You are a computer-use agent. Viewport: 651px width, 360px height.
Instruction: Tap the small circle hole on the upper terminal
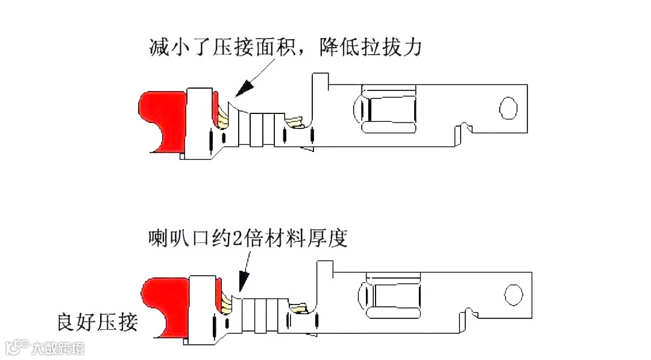[x=508, y=108]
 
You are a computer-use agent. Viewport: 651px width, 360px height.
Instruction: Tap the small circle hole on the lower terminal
[x=513, y=295]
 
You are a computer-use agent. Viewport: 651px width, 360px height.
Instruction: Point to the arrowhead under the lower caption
[x=244, y=280]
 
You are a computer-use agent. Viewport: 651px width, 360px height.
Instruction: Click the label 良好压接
[x=97, y=322]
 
